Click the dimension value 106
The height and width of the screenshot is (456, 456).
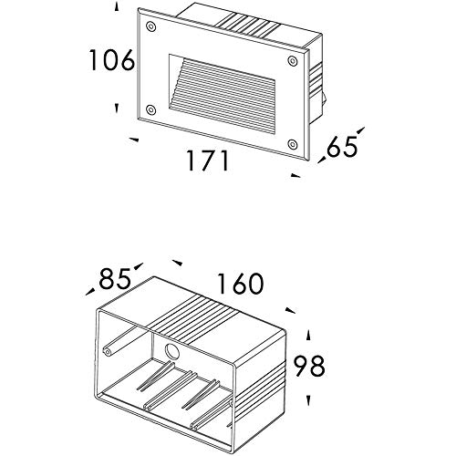click(111, 60)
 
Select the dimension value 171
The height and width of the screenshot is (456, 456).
click(208, 161)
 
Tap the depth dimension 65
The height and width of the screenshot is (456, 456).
click(342, 147)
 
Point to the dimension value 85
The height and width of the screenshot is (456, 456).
click(115, 279)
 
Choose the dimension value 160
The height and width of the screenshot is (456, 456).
click(240, 284)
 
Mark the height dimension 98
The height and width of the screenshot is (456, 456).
click(309, 367)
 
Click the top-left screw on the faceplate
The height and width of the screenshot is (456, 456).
click(151, 26)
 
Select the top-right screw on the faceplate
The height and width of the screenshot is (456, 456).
click(293, 61)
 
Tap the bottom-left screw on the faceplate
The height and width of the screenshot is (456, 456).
click(151, 109)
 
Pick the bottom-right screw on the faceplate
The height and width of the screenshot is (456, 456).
click(293, 144)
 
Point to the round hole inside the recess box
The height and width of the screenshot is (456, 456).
click(172, 352)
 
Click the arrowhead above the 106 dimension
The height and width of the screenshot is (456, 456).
click(117, 6)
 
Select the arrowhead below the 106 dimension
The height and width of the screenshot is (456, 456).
click(117, 109)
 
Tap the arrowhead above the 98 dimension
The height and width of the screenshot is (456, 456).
click(308, 335)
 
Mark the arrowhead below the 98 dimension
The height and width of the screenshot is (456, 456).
click(308, 400)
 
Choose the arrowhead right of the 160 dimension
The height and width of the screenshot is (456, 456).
click(290, 310)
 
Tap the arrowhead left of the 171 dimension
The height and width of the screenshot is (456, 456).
click(134, 140)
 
